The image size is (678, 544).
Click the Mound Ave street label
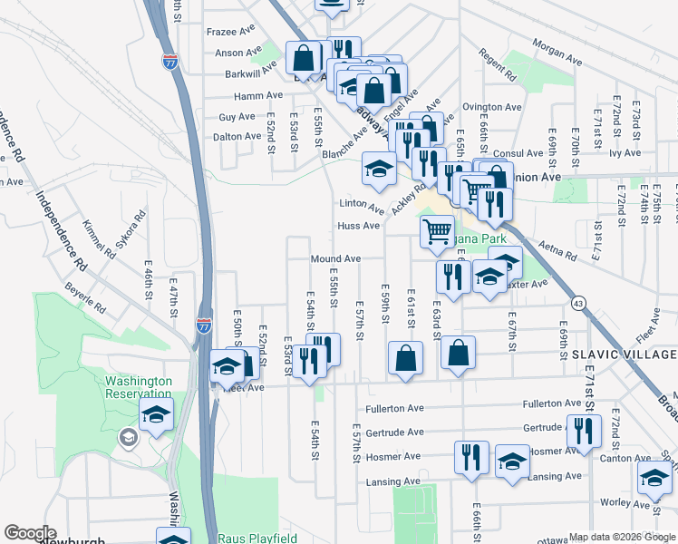pyautogui.click(x=335, y=259)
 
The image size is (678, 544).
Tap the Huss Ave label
pyautogui.click(x=358, y=226)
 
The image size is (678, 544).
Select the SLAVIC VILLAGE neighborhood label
pyautogui.click(x=625, y=354)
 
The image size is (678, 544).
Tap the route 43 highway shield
pyautogui.click(x=577, y=301)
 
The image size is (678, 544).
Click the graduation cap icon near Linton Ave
pyautogui.click(x=379, y=167)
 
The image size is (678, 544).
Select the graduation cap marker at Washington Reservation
pyautogui.click(x=156, y=416)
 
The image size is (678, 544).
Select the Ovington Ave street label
pyautogui.click(x=492, y=107)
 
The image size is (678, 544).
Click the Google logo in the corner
pyautogui.click(x=29, y=533)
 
